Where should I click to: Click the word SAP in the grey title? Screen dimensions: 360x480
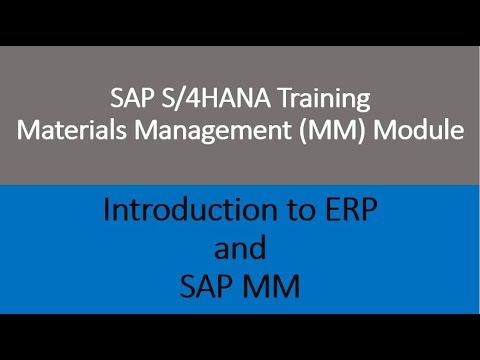[x=128, y=99]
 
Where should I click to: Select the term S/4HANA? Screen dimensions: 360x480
[x=200, y=99]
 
